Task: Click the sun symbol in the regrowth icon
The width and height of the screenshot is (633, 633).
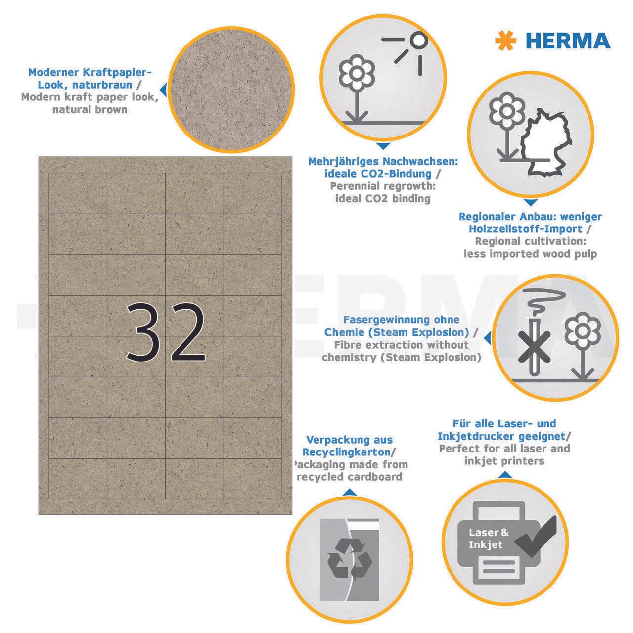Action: (x=410, y=52)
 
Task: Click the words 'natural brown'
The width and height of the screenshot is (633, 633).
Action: (x=90, y=109)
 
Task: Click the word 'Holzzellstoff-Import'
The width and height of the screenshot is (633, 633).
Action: (x=525, y=229)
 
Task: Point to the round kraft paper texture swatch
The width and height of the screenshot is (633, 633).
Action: (x=231, y=90)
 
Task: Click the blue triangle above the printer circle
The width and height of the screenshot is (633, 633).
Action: (x=505, y=475)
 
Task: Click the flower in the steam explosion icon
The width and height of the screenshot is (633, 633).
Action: (x=583, y=347)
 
